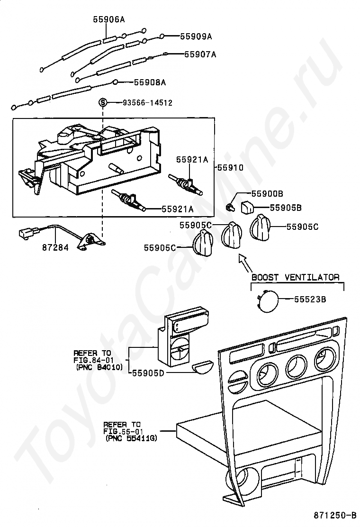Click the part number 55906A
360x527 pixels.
109,19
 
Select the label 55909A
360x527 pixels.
196,36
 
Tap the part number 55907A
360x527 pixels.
200,54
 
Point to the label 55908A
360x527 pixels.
150,82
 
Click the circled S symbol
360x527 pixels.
103,102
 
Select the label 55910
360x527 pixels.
230,168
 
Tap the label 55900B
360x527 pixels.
267,193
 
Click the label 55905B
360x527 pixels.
286,207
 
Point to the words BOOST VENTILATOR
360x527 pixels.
295,277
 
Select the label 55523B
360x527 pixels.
310,299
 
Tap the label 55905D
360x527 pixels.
148,373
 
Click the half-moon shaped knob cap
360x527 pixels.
204,368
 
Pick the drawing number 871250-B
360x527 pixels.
334,515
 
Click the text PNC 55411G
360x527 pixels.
131,438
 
